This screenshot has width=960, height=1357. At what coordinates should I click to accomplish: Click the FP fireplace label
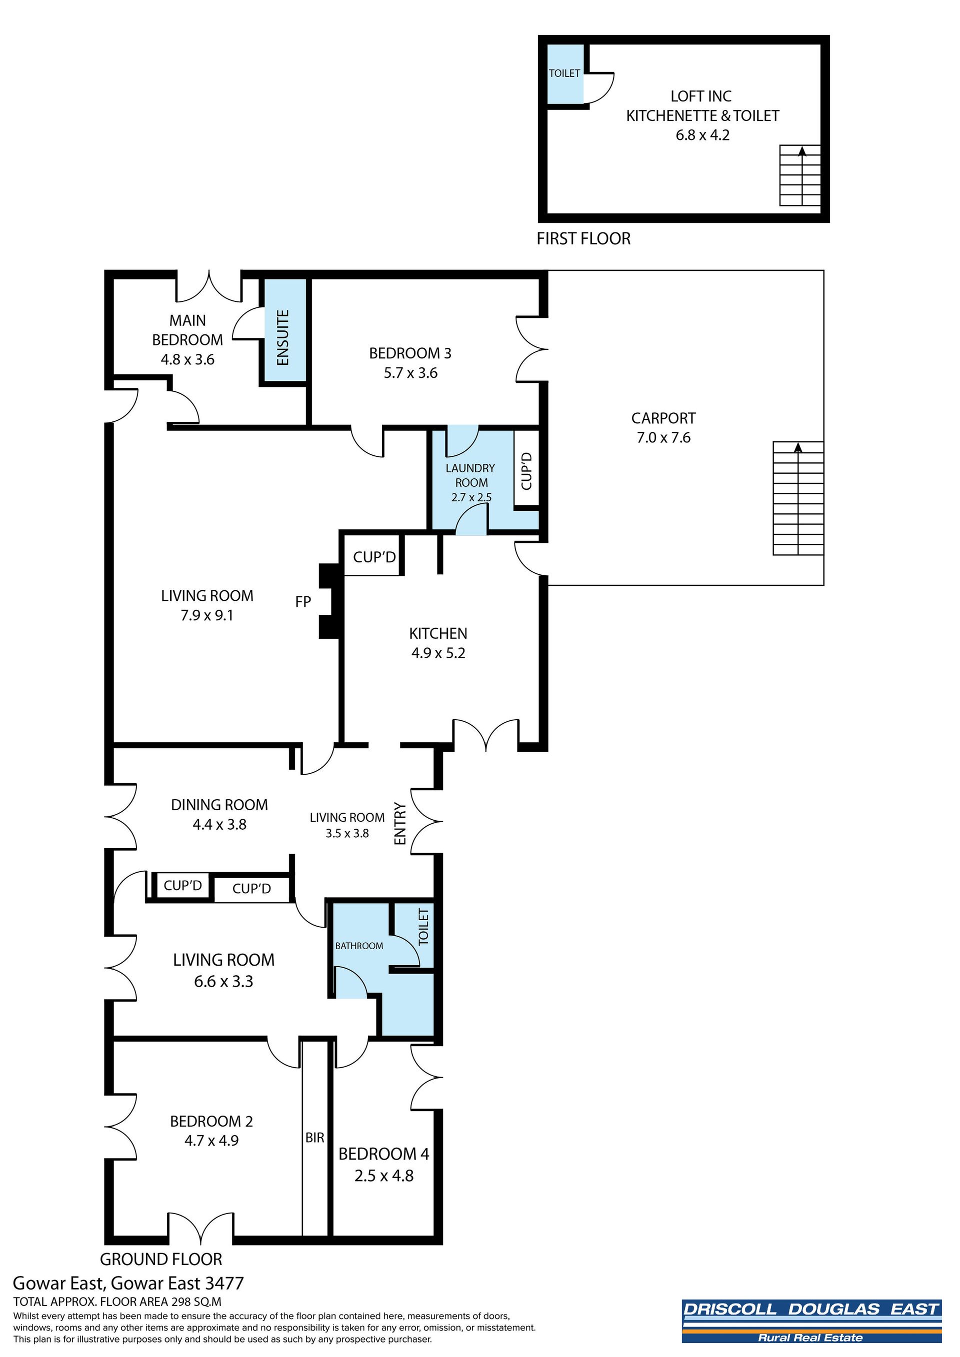[303, 602]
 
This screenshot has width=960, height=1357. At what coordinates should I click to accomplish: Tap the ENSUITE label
[283, 337]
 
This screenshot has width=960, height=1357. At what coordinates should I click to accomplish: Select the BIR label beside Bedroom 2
[315, 1138]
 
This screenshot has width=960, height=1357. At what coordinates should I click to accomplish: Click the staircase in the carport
[798, 498]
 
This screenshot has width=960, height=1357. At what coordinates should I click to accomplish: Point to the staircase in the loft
[800, 175]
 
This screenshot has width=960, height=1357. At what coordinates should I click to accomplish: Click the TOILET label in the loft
[564, 73]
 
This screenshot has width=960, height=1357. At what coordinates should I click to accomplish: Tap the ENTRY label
[400, 823]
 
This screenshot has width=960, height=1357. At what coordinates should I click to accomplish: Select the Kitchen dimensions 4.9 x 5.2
[438, 653]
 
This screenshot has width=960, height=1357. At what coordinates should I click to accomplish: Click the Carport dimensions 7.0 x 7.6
[664, 438]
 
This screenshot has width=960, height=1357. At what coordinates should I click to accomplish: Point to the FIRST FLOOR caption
[583, 239]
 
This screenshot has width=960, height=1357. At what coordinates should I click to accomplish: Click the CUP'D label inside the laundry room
[526, 471]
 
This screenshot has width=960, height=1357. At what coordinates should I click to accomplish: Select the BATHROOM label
[359, 946]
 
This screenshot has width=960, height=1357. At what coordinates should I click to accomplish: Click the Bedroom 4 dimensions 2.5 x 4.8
[384, 1176]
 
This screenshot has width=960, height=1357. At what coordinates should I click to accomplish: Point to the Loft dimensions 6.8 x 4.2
[703, 135]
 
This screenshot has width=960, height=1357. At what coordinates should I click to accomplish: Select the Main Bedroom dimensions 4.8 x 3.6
[187, 359]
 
